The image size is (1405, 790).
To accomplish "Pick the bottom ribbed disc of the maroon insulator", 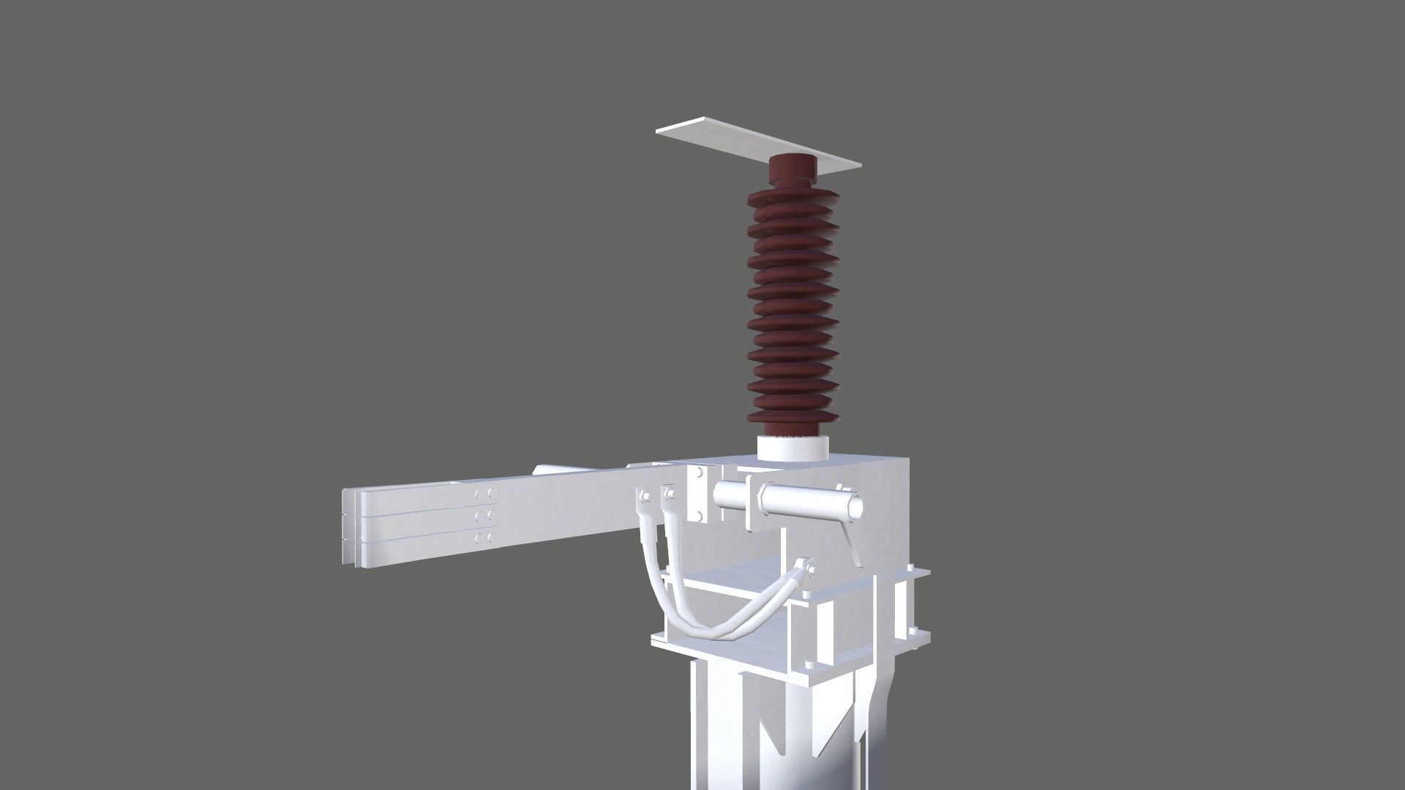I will [x=791, y=415].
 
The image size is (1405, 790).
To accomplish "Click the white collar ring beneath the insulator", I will [x=793, y=447].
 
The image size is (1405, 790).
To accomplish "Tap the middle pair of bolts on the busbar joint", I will [x=484, y=517].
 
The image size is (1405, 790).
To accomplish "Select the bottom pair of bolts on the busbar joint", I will [x=484, y=539].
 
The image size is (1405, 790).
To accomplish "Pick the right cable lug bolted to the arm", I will [x=667, y=497].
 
